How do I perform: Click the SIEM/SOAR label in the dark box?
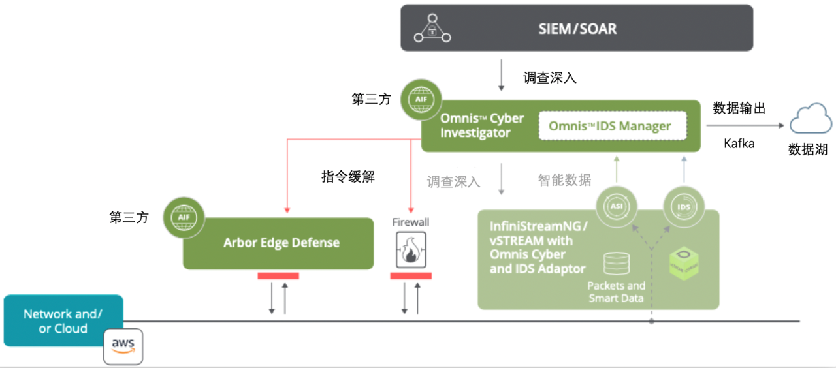click(577, 29)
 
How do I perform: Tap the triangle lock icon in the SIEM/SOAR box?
click(431, 29)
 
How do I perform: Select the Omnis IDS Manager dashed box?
click(609, 125)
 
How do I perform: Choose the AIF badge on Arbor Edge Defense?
click(184, 216)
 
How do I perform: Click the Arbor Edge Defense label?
click(281, 243)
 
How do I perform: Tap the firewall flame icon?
click(411, 251)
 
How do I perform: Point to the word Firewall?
click(411, 222)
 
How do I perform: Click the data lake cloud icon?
click(811, 121)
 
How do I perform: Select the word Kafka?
click(739, 144)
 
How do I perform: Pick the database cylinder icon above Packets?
click(616, 264)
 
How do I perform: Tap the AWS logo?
click(123, 346)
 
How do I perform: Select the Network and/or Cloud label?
click(63, 321)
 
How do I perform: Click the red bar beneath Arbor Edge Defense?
click(278, 276)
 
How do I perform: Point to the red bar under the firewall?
click(411, 276)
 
